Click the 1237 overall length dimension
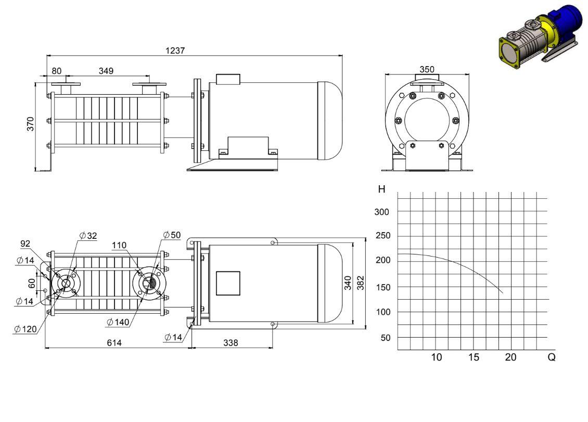click(x=175, y=50)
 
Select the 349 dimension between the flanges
click(x=106, y=71)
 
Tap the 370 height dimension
click(x=30, y=124)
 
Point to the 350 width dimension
click(x=427, y=69)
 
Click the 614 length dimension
click(x=114, y=342)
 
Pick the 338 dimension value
click(x=231, y=342)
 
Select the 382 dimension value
click(x=361, y=283)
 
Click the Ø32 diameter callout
click(x=88, y=236)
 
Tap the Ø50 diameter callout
click(x=172, y=235)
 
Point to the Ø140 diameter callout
click(x=118, y=322)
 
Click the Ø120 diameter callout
click(x=25, y=329)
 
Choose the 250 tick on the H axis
click(x=383, y=236)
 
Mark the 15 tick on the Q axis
click(x=474, y=357)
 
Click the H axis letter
click(x=382, y=189)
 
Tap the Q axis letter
click(x=551, y=357)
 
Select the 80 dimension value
click(x=57, y=71)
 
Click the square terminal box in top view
click(x=228, y=283)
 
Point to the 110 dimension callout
click(x=119, y=245)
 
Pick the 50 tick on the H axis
click(x=386, y=338)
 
